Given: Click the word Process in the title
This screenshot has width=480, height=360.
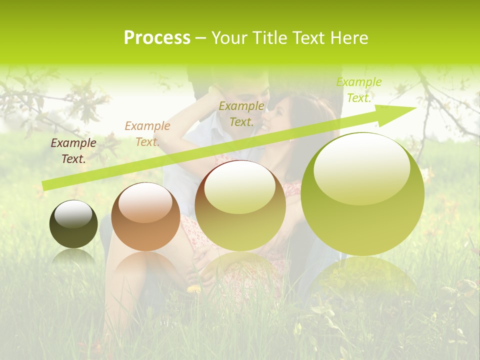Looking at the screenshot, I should click(x=157, y=38).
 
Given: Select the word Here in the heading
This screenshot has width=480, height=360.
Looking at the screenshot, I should click(x=349, y=38).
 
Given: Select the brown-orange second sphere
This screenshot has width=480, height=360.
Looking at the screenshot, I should click(x=145, y=217).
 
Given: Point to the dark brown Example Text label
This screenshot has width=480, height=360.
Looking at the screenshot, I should click(x=73, y=151).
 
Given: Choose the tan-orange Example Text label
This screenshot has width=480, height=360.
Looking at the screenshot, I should click(x=147, y=134).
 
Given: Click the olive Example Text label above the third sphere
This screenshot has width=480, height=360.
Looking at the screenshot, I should click(x=241, y=114).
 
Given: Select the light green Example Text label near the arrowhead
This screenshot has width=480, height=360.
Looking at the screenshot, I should click(x=359, y=90).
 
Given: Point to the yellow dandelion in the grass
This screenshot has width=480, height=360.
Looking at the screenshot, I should click(x=194, y=289).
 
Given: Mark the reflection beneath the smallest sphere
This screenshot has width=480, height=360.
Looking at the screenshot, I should click(x=73, y=257).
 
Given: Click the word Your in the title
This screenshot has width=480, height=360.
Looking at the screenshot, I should click(x=230, y=38).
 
